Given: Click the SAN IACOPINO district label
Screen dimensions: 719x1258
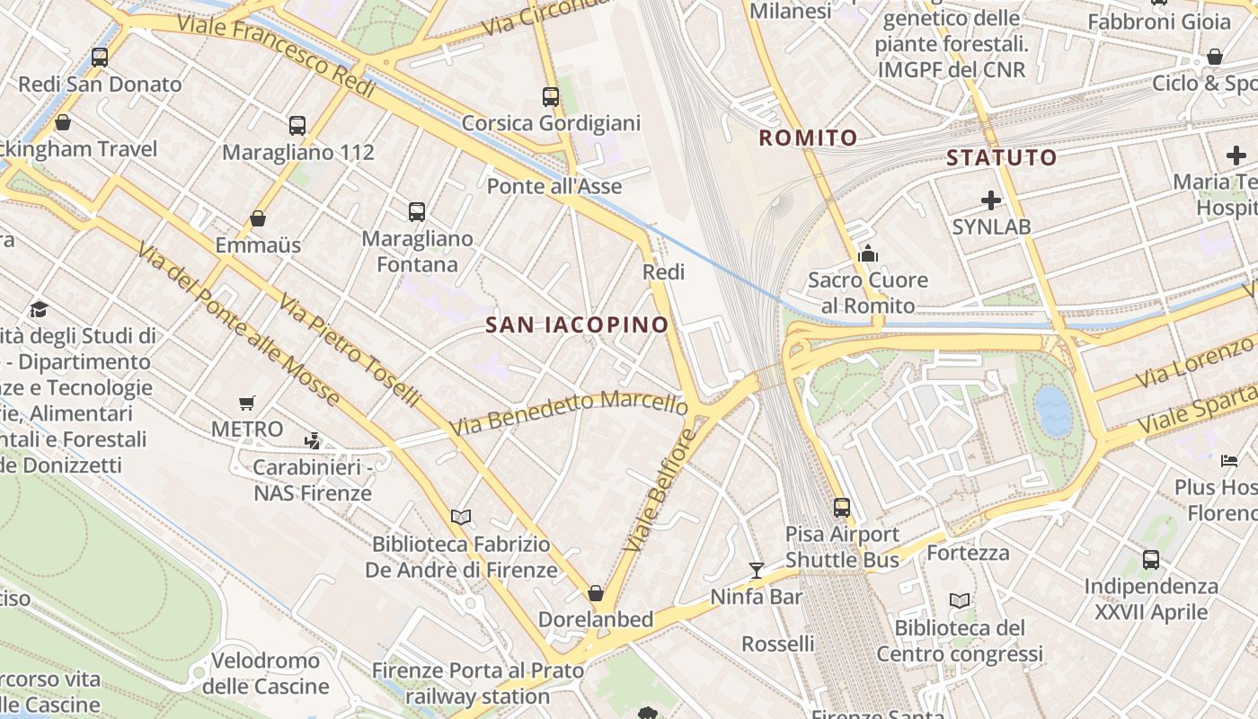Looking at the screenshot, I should coord(577,324).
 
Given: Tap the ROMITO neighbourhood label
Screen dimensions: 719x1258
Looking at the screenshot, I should coord(808,138).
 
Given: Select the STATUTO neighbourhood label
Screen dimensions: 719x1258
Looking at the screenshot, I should coord(1001,158).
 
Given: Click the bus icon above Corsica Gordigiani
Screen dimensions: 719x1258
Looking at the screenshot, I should coord(551,97).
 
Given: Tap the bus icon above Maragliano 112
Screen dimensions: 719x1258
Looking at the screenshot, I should coord(297,126).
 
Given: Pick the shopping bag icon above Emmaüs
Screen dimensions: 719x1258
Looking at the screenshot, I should coord(258,218).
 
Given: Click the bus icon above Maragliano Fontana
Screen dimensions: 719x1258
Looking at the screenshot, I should coord(417,212).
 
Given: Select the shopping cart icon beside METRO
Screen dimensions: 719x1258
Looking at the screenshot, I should coord(247,403).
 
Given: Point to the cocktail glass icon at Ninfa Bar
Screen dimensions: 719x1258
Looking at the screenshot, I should coord(757,570).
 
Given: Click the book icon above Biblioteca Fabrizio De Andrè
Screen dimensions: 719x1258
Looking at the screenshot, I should coord(461,517).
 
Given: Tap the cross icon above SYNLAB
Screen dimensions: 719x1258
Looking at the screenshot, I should coord(991,200).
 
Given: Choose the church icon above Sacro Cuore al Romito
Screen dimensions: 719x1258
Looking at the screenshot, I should coord(868,253).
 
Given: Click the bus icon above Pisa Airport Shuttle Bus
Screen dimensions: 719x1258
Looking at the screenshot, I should coord(842,508).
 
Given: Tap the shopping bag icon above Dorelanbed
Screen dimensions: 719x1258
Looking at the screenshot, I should coord(596,593).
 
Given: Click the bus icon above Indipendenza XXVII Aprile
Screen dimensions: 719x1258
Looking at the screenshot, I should coord(1151,560).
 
